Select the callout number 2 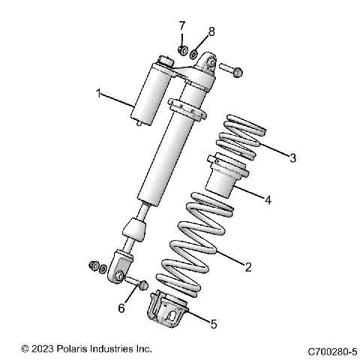[248, 265]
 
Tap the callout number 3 [293, 158]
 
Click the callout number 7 [181, 28]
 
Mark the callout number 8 [211, 31]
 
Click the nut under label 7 [181, 50]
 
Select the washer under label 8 [194, 54]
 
